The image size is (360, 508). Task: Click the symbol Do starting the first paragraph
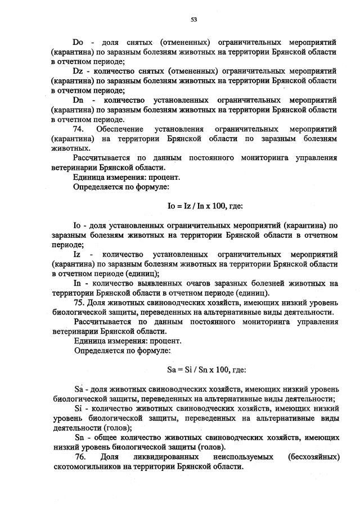(78, 42)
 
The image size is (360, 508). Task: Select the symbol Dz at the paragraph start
(78, 72)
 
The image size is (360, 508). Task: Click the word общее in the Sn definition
(109, 438)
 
